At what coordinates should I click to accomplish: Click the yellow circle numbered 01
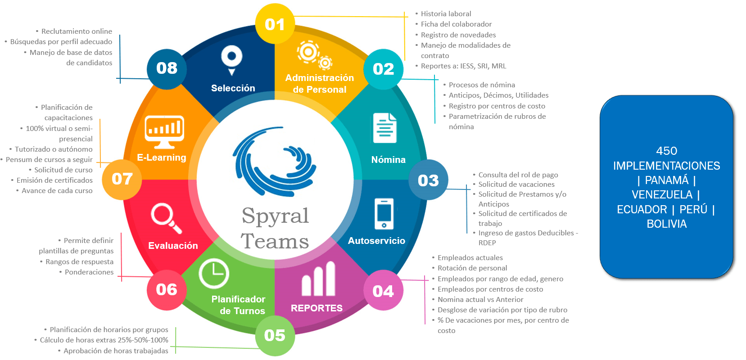click(275, 24)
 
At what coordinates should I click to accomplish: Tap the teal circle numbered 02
click(383, 69)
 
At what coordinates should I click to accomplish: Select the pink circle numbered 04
click(383, 291)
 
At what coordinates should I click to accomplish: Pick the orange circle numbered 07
click(122, 179)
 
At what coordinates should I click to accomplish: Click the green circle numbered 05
click(275, 335)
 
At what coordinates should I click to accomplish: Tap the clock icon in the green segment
click(214, 274)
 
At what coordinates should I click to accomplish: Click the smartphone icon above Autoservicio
click(384, 214)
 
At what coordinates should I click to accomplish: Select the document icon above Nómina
click(384, 128)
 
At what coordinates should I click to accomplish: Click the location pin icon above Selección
click(232, 60)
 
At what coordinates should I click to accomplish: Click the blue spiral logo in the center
click(275, 162)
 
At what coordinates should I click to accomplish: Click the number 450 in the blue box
click(666, 151)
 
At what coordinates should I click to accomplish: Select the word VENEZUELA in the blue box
click(662, 194)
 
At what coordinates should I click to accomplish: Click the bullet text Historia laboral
click(446, 14)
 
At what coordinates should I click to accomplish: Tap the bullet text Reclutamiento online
click(77, 31)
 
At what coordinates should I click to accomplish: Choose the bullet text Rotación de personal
click(472, 268)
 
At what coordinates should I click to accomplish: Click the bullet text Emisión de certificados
click(54, 180)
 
